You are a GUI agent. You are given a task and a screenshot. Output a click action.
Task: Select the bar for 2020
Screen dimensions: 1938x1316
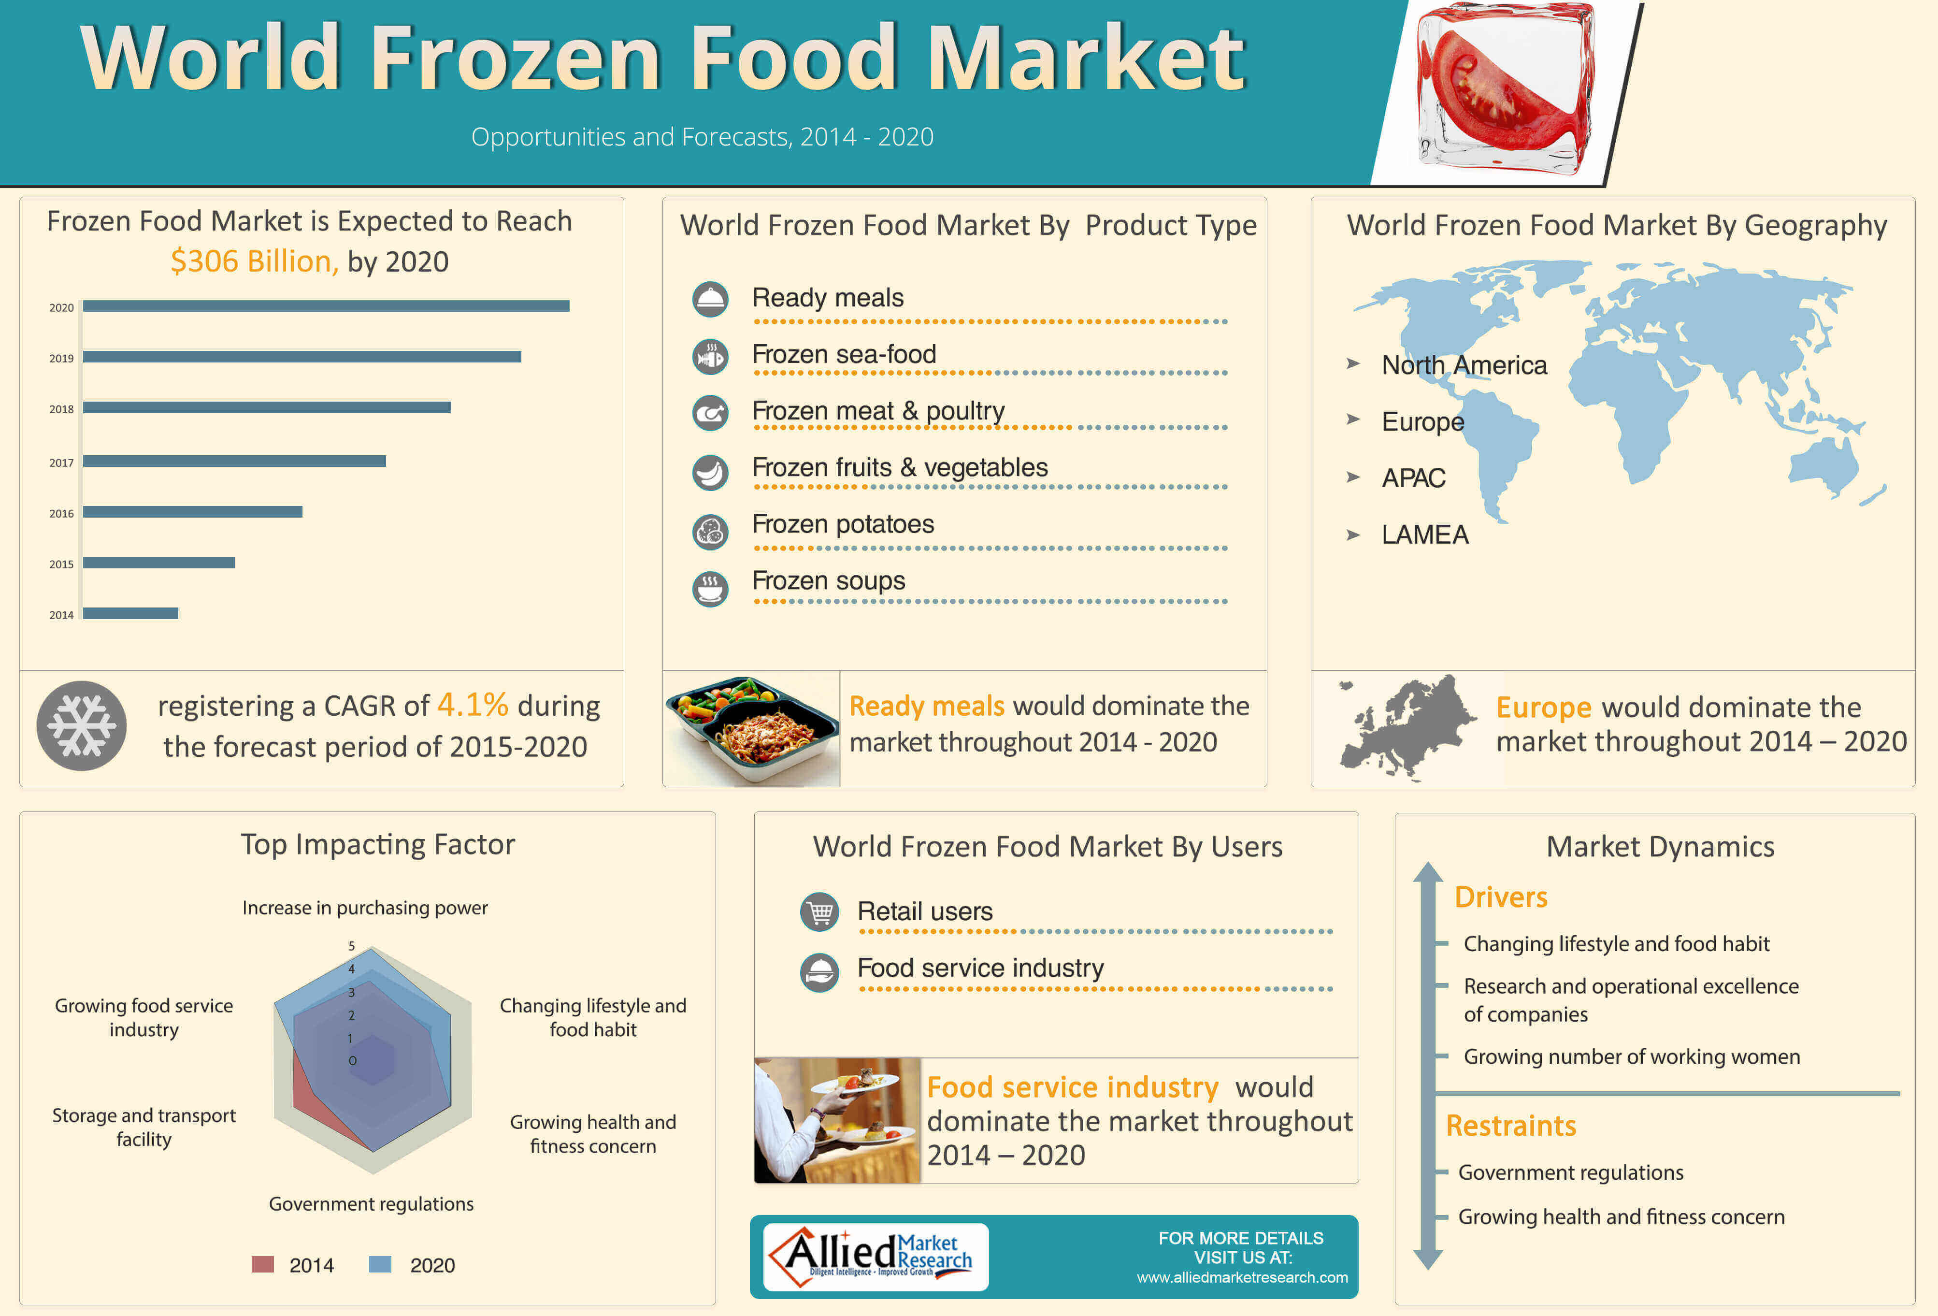(326, 306)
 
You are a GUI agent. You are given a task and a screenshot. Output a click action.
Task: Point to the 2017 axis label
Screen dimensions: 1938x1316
(62, 463)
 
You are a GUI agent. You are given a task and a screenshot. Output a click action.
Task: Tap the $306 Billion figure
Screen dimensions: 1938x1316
(254, 262)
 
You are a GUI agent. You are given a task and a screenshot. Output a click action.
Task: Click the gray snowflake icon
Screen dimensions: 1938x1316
(82, 725)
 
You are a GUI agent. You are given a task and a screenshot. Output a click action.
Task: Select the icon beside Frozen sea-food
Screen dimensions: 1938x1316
(710, 357)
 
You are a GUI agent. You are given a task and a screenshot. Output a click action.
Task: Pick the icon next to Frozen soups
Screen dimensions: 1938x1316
(710, 589)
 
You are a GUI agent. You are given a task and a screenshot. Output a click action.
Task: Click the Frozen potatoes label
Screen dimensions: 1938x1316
(843, 524)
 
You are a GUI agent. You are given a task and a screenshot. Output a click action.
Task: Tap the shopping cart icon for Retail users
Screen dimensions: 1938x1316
(820, 912)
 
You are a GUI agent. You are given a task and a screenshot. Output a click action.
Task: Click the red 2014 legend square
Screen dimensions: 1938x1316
(263, 1264)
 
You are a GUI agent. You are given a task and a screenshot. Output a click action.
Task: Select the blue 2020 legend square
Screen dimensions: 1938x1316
(380, 1264)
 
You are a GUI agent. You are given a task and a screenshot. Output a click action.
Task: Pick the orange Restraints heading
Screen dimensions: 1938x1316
(1511, 1126)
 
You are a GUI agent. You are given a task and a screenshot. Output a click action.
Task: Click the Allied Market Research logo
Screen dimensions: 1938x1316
(876, 1257)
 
